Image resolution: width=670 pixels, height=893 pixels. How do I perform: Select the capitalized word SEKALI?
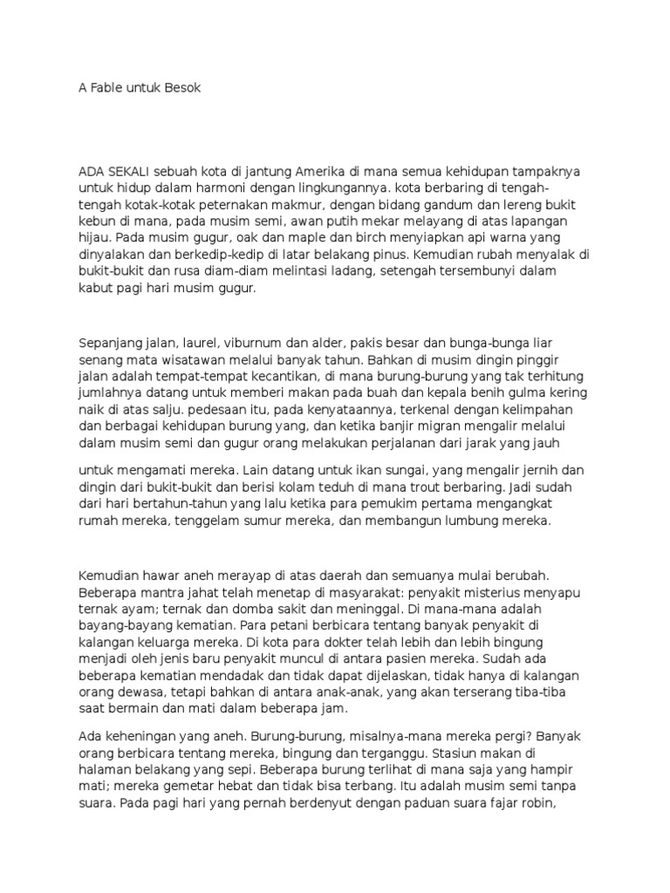point(133,172)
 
